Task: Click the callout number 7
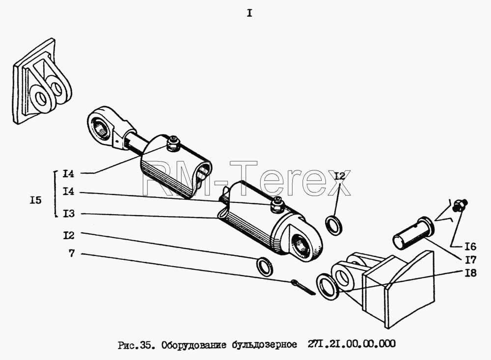(x=72, y=253)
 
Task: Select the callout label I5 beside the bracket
(x=36, y=200)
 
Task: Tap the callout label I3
(x=69, y=214)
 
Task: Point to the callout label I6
(x=470, y=247)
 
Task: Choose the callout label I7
(x=470, y=260)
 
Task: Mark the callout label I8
(x=470, y=273)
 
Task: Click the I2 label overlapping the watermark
(x=339, y=176)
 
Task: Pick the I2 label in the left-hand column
(x=69, y=235)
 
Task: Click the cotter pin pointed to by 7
(x=303, y=287)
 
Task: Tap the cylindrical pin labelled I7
(x=413, y=232)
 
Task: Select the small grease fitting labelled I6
(x=460, y=204)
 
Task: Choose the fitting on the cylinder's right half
(x=277, y=205)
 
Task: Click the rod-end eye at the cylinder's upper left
(x=102, y=125)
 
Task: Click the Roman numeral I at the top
(x=249, y=13)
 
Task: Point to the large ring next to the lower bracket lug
(x=327, y=287)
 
